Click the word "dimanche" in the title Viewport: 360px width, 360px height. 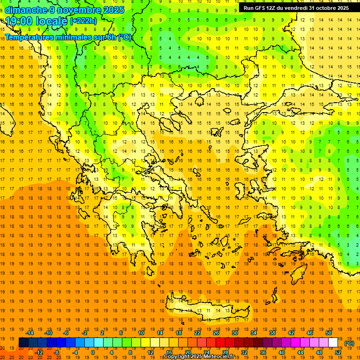26,10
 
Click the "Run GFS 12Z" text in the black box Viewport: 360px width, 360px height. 261,8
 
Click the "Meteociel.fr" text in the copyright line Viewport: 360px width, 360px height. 220,357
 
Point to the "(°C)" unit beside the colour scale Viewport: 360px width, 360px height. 349,343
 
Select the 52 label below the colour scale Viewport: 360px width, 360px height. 338,352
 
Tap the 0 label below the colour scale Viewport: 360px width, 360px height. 93,352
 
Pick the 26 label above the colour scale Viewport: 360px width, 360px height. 216,333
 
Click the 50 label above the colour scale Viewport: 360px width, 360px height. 329,333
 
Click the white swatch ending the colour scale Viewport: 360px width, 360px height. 333,343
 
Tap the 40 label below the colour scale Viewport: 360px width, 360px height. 282,352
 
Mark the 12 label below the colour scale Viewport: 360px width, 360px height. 150,352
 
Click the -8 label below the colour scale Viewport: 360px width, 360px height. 56,352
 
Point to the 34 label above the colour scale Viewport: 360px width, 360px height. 254,333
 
